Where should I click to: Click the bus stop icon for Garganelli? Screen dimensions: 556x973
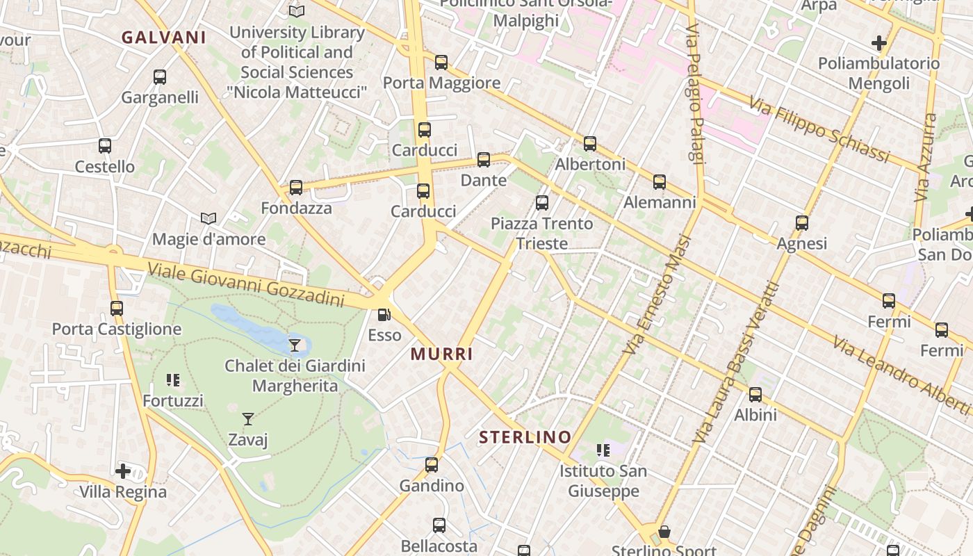[160, 77]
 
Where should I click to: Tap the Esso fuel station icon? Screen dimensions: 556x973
[384, 315]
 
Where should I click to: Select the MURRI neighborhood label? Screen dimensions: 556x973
[442, 354]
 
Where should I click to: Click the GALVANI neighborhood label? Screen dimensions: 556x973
[164, 38]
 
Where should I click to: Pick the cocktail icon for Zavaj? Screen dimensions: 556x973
[248, 418]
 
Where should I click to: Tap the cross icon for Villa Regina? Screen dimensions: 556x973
[123, 471]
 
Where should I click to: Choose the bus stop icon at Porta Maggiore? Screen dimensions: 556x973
[441, 63]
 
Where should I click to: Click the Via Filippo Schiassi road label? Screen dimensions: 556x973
[819, 130]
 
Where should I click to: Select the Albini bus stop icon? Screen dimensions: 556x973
[755, 395]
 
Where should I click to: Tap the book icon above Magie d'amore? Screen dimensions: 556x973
[208, 218]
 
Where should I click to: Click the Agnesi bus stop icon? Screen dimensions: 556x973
[802, 223]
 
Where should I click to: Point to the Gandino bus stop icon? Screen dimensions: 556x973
[432, 465]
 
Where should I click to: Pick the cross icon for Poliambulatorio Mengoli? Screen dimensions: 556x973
[879, 43]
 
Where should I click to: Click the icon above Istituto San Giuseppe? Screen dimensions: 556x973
[603, 450]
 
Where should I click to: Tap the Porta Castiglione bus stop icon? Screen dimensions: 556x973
[117, 308]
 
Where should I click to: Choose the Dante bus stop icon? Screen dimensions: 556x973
[484, 160]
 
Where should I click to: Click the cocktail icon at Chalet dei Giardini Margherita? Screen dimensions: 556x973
[295, 345]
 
